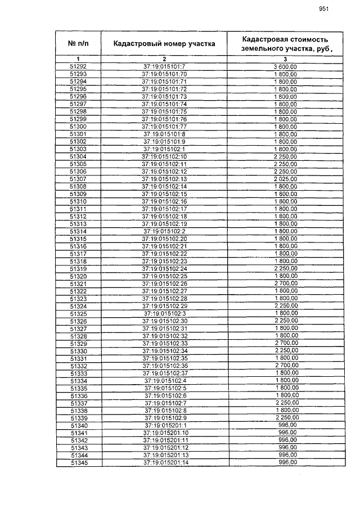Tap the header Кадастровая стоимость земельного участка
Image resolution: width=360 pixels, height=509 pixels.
click(285, 44)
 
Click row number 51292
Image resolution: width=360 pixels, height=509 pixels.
click(78, 67)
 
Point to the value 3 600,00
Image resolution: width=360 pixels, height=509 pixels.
click(285, 67)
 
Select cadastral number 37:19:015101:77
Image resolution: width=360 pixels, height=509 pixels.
click(164, 127)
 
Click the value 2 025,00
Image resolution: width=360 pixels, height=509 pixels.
click(285, 179)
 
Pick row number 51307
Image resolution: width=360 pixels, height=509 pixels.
click(78, 179)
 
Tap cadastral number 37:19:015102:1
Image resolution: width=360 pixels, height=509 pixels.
click(164, 149)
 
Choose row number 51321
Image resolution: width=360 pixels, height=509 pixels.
click(78, 283)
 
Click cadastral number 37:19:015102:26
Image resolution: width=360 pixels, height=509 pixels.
click(164, 283)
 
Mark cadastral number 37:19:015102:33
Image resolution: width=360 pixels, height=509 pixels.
click(164, 343)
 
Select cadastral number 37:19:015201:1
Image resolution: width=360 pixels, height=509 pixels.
click(164, 426)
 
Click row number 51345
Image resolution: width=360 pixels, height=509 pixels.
click(78, 463)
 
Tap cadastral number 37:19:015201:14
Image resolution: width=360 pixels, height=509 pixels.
click(164, 463)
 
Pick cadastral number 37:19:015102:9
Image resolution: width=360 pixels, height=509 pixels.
click(164, 418)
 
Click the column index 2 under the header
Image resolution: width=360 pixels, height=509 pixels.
click(164, 59)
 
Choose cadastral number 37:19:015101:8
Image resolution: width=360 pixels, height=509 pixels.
click(164, 134)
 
